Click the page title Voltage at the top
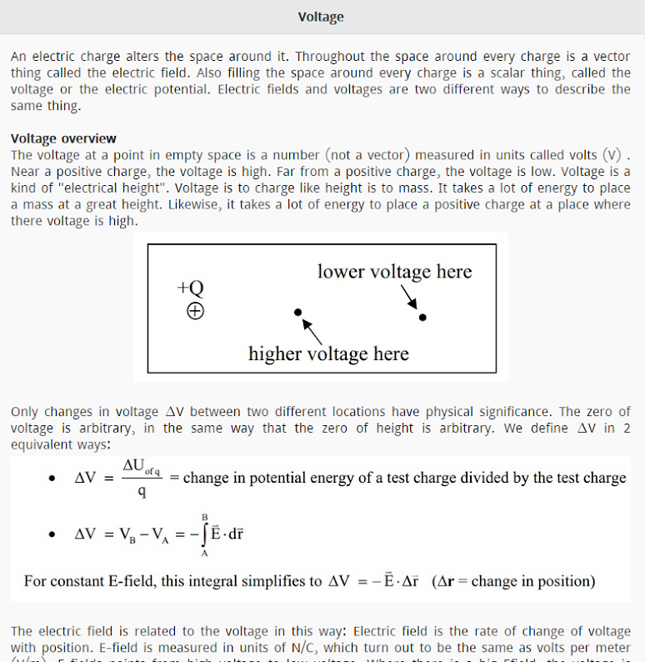pos(321,17)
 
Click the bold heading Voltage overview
pos(63,138)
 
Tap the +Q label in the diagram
pos(190,288)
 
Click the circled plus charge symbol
pos(195,312)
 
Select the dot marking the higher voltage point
pos(297,313)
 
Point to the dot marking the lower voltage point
pos(422,317)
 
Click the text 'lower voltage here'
pos(394,272)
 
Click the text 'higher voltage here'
pos(328,354)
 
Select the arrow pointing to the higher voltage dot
pos(311,330)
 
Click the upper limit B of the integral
pos(204,517)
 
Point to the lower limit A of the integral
pos(204,552)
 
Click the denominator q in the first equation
pos(142,492)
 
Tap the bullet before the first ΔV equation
pos(52,479)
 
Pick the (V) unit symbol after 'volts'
pos(612,155)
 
